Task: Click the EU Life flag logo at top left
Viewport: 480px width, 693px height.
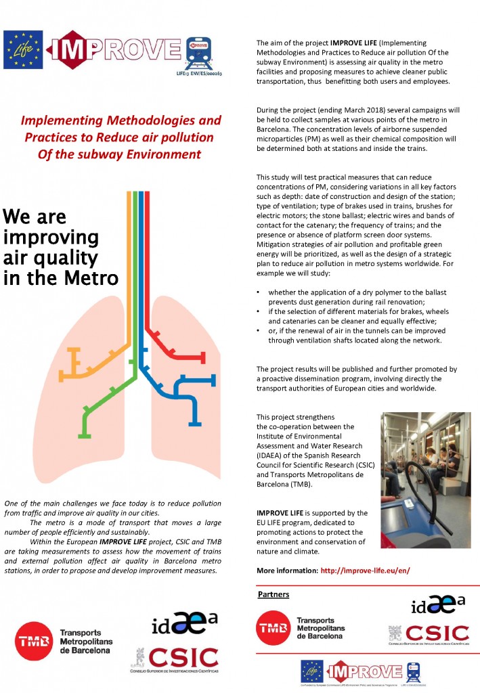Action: point(18,48)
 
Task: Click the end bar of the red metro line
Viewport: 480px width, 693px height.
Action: point(204,355)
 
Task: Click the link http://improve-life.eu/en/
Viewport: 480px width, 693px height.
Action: point(365,571)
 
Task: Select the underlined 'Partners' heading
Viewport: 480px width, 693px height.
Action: point(273,594)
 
